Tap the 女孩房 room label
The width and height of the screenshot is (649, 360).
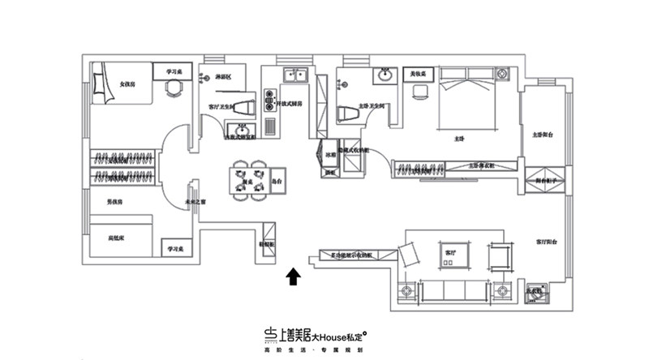click(x=127, y=84)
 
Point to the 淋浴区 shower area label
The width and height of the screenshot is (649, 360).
click(x=224, y=78)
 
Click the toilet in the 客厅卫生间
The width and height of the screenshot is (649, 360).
click(x=247, y=106)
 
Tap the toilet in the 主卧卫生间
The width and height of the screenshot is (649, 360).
click(x=344, y=113)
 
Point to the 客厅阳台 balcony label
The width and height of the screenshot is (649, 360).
click(x=546, y=242)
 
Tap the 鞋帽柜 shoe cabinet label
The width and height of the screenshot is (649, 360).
click(x=266, y=242)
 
